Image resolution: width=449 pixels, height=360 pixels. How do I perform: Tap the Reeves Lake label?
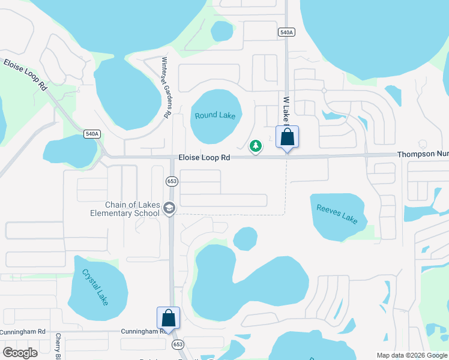(337, 214)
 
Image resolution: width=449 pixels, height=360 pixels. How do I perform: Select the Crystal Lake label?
(96, 287)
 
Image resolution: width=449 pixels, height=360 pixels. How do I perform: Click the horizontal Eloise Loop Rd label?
(204, 158)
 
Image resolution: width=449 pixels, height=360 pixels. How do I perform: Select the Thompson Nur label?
(423, 155)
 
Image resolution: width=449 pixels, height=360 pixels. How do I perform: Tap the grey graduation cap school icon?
(169, 208)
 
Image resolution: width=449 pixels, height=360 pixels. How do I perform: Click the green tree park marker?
(256, 146)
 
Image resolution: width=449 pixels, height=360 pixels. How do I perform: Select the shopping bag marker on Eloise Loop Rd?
(288, 137)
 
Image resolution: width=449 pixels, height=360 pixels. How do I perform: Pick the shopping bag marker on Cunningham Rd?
(168, 319)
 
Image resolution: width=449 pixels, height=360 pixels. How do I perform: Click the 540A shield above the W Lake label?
(286, 32)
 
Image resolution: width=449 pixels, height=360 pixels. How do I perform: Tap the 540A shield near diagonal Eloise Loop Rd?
(92, 134)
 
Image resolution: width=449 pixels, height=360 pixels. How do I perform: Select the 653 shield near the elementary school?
(171, 181)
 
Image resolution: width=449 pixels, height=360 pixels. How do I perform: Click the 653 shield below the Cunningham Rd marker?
(178, 344)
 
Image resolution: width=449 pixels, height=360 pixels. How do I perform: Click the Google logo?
(20, 353)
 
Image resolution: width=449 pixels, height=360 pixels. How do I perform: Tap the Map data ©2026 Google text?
(411, 355)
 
